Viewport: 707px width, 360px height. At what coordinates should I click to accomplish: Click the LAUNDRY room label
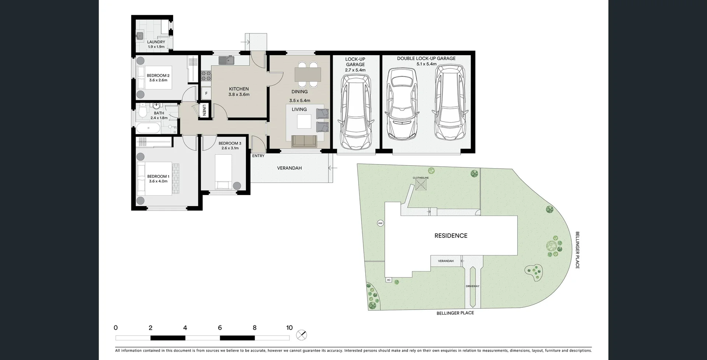(156, 42)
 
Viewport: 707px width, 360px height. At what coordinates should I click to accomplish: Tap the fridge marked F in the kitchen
(206, 93)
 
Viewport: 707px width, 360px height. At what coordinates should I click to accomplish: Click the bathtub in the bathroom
(148, 128)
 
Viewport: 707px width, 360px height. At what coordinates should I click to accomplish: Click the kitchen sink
(226, 60)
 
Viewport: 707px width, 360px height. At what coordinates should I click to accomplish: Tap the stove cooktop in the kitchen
(206, 76)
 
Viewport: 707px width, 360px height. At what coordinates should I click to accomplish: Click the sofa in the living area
(304, 141)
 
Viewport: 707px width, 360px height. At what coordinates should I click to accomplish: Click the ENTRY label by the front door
(258, 156)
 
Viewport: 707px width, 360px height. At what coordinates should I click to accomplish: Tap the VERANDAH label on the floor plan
(289, 168)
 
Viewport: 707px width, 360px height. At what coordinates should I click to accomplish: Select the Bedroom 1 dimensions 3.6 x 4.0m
(158, 181)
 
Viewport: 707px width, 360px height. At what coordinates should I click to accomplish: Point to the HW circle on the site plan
(380, 223)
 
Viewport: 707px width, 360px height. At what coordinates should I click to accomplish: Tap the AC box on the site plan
(388, 280)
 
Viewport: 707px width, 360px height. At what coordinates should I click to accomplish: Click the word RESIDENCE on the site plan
(451, 236)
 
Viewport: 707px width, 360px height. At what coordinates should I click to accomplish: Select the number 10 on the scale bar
(289, 328)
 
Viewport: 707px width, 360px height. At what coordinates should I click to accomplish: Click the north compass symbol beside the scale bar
(302, 335)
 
